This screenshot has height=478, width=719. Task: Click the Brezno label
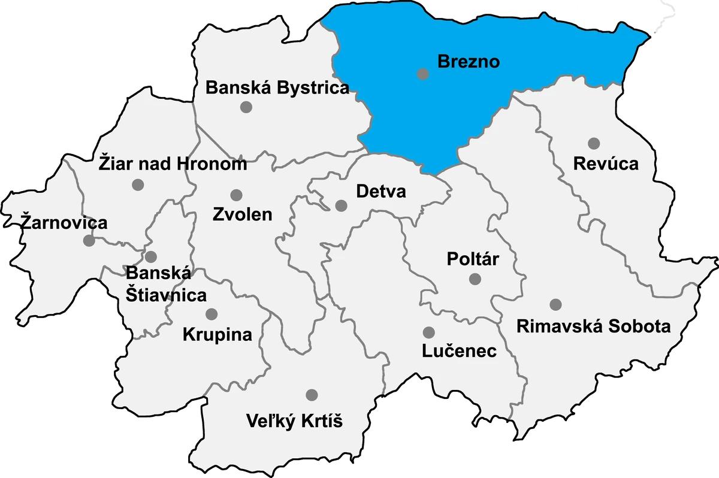pos(469,61)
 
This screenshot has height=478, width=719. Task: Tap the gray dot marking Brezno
pos(423,74)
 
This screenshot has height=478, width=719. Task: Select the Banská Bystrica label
pos(277,88)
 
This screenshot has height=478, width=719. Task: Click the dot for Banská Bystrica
pos(245,107)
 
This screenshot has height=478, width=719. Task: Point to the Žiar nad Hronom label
pos(173,164)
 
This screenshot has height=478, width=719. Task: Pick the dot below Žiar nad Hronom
pos(138,184)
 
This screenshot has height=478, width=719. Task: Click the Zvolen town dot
pos(236,195)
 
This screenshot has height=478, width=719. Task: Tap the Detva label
pos(380,192)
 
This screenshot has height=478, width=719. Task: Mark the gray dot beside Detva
pos(341,205)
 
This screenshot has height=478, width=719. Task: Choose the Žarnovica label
pos(64,223)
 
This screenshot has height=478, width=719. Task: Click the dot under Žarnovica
pos(89,241)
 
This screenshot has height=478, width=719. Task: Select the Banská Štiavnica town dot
pos(150,257)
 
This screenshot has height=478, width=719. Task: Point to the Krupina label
pos(217,334)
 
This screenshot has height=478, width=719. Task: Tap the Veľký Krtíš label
pos(294,421)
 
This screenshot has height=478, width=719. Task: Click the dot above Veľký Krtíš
pos(312,395)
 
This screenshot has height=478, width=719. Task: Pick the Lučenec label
pos(459,351)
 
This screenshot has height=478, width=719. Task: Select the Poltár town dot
pos(475,279)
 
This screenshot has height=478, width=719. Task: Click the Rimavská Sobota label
pos(593,326)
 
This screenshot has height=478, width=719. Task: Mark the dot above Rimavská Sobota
pos(555,304)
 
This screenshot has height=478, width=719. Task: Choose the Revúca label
pos(606,164)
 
